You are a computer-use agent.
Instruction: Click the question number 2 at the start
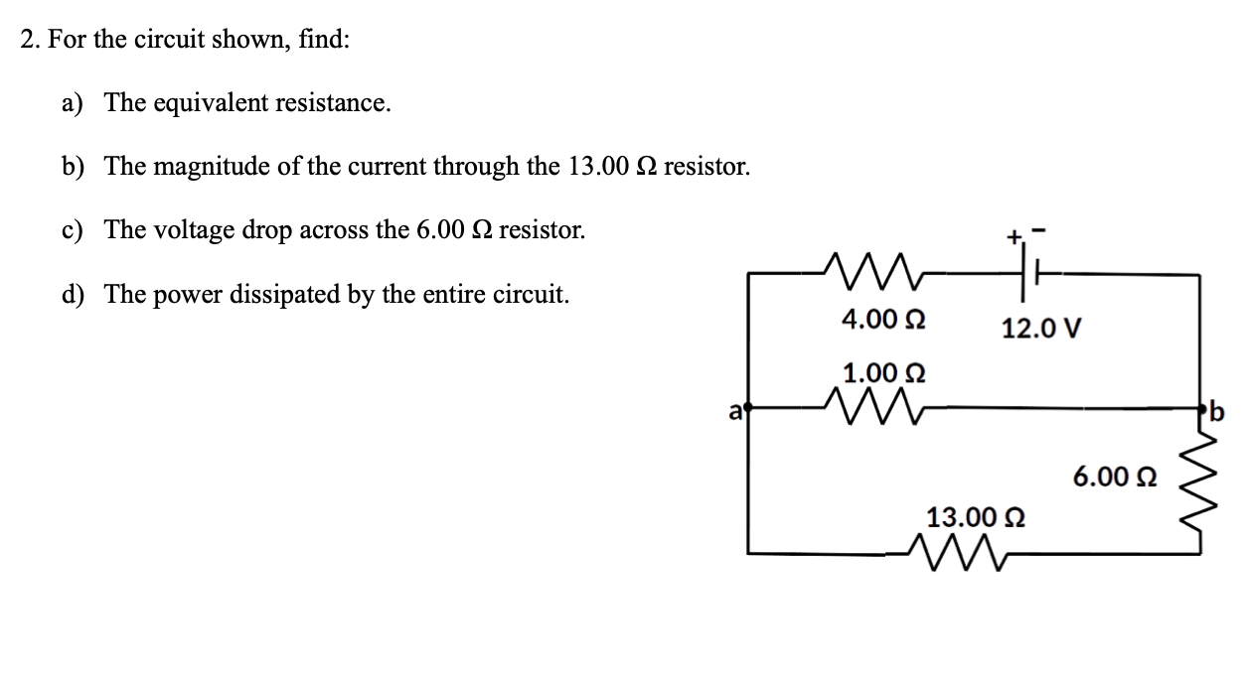[x=30, y=41]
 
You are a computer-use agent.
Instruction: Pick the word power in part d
[x=186, y=295]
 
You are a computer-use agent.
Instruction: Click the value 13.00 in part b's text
[x=598, y=167]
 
